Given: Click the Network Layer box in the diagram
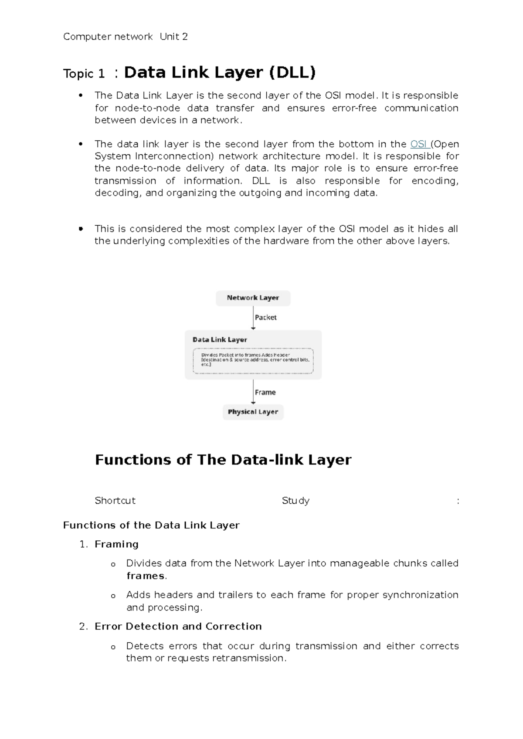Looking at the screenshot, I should point(253,298).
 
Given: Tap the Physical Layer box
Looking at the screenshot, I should point(253,412).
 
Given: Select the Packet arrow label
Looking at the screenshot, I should point(265,318).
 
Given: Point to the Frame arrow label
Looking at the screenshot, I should point(265,392).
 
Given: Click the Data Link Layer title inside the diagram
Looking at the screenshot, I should point(220,340).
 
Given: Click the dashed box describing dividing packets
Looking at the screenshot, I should point(253,361).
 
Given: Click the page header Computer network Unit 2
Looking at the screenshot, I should point(125,37).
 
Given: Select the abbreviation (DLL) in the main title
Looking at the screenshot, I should point(292,72).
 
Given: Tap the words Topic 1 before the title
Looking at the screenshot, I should point(84,74).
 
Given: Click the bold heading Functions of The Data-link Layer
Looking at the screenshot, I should point(223,460).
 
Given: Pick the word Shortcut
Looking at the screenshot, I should point(115,501).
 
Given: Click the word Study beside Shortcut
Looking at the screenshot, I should point(295,501).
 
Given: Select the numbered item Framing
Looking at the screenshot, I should point(116,544).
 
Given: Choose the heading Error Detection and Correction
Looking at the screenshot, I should point(178,626).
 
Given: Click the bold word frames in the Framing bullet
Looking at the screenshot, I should point(146,576).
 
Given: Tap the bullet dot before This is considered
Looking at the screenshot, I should point(80,229).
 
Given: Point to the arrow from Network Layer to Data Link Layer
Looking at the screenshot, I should point(253,317).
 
